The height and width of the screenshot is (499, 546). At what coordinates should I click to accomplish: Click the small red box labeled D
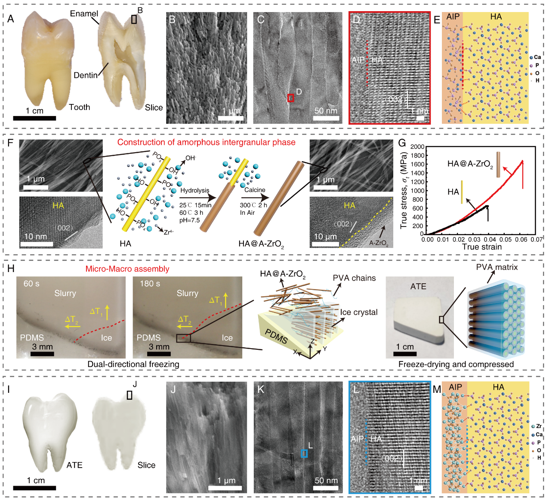pyautogui.click(x=291, y=98)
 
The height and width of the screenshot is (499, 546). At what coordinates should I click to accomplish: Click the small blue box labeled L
pyautogui.click(x=304, y=453)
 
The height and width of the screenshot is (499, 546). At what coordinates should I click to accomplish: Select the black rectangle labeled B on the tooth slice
pyautogui.click(x=134, y=19)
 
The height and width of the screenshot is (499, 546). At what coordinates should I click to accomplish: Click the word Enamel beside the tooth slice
pyautogui.click(x=84, y=14)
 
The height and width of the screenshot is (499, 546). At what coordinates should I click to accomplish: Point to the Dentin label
pyautogui.click(x=86, y=75)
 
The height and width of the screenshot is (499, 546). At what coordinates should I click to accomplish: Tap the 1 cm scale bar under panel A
pyautogui.click(x=34, y=118)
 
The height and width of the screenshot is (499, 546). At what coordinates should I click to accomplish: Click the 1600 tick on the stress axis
pyautogui.click(x=418, y=164)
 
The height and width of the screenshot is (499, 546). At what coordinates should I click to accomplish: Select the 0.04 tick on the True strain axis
pyautogui.click(x=490, y=239)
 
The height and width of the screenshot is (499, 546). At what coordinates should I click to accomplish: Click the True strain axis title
pyautogui.click(x=481, y=247)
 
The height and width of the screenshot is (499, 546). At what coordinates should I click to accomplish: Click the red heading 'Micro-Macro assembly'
pyautogui.click(x=127, y=269)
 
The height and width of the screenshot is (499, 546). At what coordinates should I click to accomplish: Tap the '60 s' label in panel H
pyautogui.click(x=31, y=284)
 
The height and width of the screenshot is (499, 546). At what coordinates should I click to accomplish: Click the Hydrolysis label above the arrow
pyautogui.click(x=194, y=190)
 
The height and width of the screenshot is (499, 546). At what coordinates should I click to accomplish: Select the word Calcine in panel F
pyautogui.click(x=255, y=190)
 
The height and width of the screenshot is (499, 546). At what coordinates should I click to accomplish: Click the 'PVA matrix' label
pyautogui.click(x=497, y=267)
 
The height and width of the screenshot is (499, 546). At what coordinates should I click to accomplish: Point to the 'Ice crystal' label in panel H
pyautogui.click(x=358, y=312)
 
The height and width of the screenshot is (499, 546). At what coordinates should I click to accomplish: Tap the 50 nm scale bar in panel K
pyautogui.click(x=326, y=488)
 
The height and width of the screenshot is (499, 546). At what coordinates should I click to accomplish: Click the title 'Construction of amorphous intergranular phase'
pyautogui.click(x=206, y=142)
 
